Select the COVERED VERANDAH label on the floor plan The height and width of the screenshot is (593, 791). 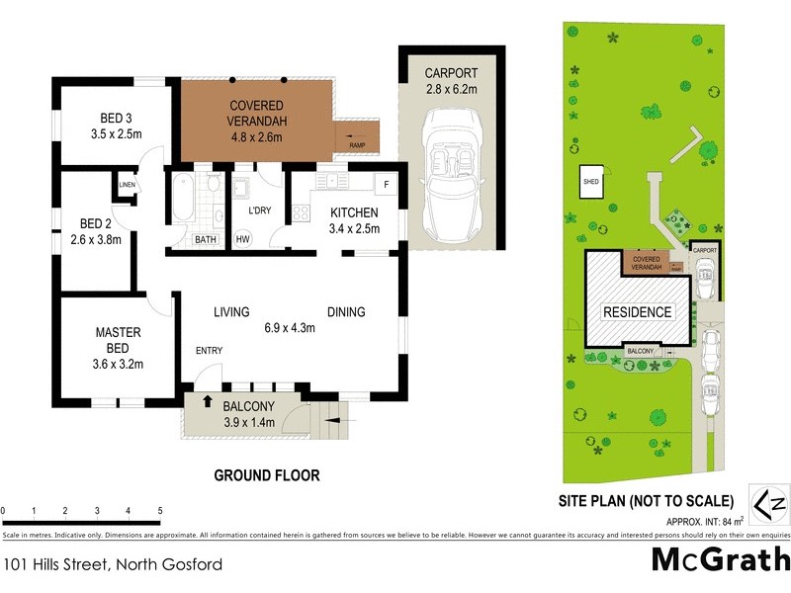coord(257,113)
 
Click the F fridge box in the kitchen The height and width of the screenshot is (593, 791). coord(386,185)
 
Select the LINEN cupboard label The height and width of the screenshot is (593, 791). coord(127,185)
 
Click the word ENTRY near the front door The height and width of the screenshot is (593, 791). coord(210,351)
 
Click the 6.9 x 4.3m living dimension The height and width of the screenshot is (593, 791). coord(289,329)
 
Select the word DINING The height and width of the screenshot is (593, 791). coord(346,312)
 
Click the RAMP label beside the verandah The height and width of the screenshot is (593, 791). coord(357,146)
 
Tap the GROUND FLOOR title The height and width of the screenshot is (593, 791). coord(267,475)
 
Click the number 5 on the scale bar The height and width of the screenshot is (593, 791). coord(160,511)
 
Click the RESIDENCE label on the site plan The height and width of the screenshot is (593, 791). coord(638,312)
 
